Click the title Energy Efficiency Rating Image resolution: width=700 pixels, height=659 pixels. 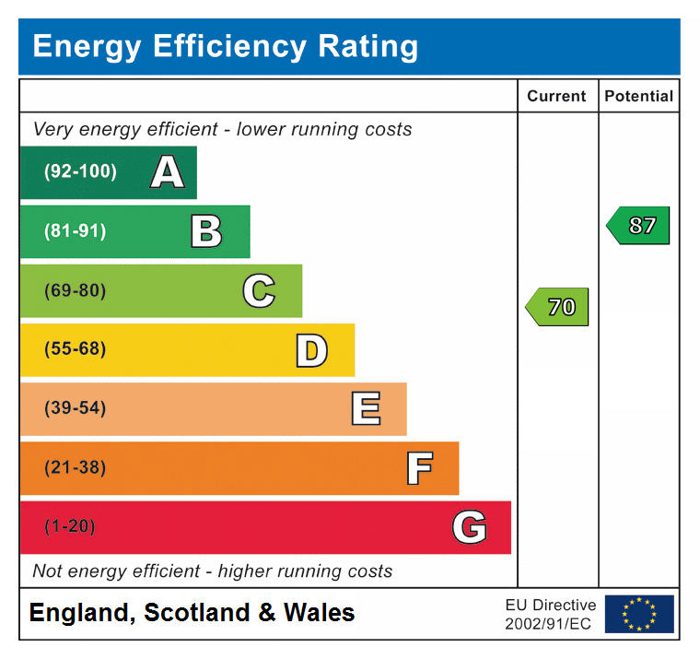(225, 46)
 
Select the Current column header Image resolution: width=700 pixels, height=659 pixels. (556, 96)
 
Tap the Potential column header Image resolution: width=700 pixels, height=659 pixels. (638, 96)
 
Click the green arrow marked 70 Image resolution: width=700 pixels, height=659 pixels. (557, 307)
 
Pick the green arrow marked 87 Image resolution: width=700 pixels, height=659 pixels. (638, 225)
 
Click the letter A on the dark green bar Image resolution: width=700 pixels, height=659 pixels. (167, 172)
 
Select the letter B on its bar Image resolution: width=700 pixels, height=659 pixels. (206, 231)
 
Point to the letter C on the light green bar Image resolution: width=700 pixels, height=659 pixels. (259, 291)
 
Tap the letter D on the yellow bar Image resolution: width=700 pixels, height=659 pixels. (311, 350)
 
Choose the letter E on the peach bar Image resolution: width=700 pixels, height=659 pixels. (366, 409)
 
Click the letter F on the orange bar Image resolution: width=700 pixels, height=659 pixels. (419, 468)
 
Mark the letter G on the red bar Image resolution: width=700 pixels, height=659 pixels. (469, 527)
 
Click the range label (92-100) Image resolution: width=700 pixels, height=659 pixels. (80, 172)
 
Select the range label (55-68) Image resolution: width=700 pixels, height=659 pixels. (75, 349)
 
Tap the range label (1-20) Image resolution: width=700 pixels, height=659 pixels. (70, 526)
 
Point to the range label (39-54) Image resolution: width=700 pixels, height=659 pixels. (75, 408)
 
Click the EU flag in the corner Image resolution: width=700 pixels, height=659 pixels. (639, 614)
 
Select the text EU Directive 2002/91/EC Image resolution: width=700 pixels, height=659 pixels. (550, 614)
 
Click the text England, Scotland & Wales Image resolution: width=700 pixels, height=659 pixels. (192, 613)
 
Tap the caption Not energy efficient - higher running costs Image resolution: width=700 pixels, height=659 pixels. (212, 571)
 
